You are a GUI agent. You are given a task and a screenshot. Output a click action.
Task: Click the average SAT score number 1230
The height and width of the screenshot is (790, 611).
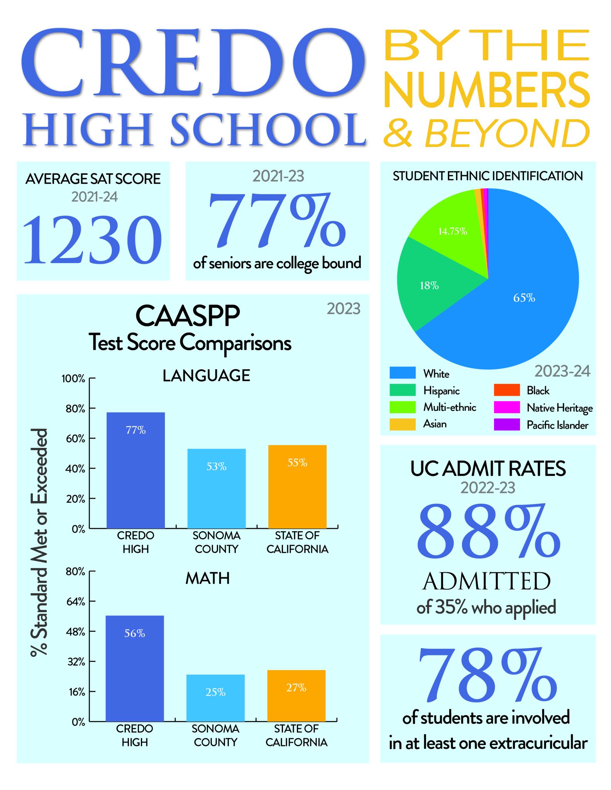point(93,240)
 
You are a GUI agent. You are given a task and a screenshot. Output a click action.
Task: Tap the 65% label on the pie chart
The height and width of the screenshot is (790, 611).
point(524,298)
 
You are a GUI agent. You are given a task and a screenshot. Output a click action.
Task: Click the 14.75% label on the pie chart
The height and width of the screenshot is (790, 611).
point(452,231)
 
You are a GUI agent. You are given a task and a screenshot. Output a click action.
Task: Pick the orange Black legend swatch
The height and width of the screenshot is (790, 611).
point(506,390)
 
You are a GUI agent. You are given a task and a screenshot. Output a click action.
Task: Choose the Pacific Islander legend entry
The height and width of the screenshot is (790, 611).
point(557,425)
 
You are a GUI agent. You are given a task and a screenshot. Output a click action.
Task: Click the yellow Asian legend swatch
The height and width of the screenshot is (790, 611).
point(402,424)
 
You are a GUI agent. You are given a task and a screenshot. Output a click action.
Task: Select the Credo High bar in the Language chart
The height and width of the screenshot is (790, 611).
point(135,471)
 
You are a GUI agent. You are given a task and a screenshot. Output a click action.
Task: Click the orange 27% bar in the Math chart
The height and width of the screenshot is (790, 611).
point(296,696)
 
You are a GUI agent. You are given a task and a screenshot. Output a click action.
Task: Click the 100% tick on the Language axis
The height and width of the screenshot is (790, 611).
point(73,379)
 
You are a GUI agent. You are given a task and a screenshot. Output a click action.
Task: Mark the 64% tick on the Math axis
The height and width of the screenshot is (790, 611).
point(76,602)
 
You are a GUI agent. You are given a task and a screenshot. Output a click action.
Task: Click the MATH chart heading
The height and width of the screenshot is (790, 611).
point(207,578)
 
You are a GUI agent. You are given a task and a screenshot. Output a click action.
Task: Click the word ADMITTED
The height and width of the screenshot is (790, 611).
point(487,581)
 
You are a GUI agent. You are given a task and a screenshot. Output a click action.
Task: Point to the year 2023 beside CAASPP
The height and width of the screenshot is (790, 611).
point(343,309)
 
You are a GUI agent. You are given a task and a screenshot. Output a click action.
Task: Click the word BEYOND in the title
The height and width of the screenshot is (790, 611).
point(507,133)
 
